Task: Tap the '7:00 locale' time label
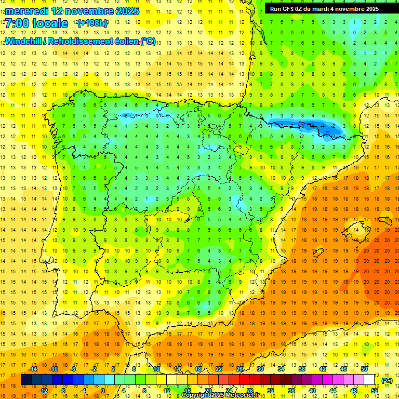[x=36, y=23]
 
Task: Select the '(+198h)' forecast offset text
[x=92, y=23]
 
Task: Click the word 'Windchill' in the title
[x=23, y=41]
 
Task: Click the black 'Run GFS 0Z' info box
[x=324, y=8]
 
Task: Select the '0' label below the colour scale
[x=103, y=391]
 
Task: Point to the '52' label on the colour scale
[x=375, y=391]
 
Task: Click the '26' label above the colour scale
[x=240, y=369]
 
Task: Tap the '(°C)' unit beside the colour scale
[x=387, y=380]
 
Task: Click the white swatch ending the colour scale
[x=369, y=380]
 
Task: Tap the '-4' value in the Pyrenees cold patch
[x=323, y=126]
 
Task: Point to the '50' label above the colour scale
[x=364, y=369]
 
